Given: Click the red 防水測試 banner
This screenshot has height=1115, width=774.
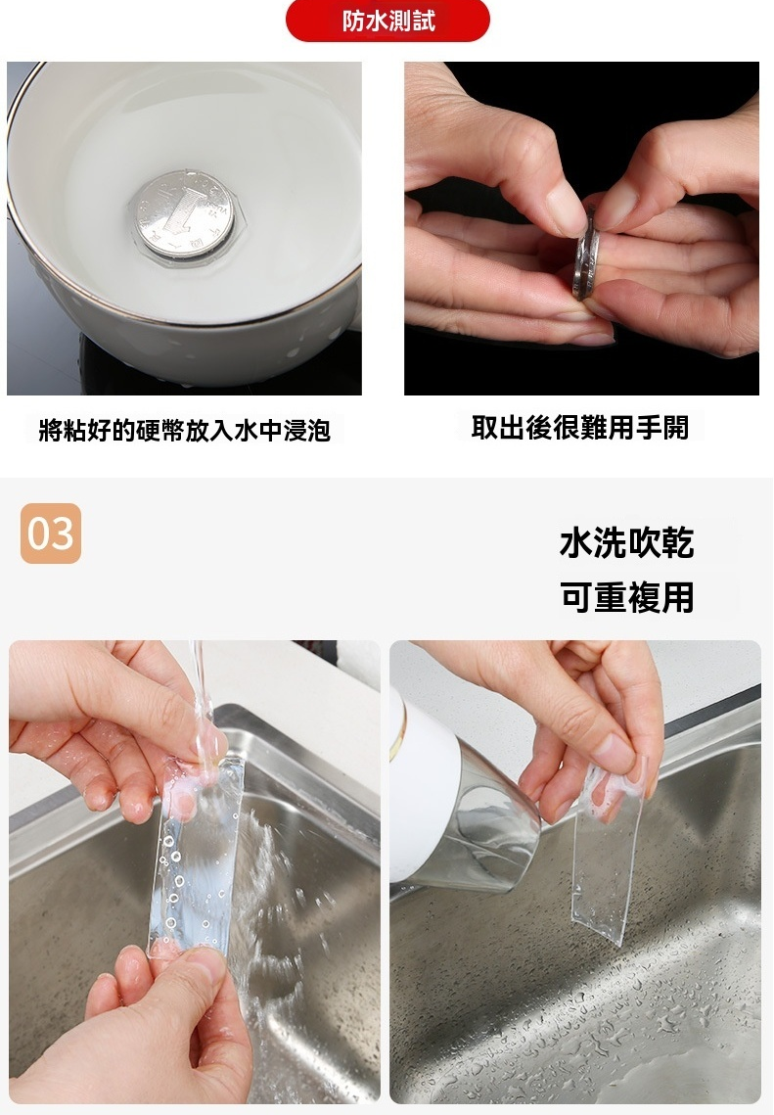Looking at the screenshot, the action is click(387, 21).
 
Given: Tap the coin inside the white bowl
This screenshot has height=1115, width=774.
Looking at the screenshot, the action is click(184, 213).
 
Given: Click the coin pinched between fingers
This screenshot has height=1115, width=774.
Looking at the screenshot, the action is click(586, 254).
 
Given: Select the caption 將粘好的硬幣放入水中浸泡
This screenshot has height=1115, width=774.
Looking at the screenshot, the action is click(185, 430).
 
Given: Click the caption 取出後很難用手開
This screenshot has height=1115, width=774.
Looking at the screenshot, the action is click(580, 428).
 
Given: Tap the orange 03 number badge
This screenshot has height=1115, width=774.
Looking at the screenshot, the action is click(51, 534).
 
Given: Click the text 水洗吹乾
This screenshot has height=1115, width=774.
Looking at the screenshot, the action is click(627, 543).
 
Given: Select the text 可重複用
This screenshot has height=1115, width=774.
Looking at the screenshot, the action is click(627, 596).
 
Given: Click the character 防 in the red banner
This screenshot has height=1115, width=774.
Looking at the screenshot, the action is click(353, 21).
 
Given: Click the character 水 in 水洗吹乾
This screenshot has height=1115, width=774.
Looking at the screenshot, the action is click(576, 543).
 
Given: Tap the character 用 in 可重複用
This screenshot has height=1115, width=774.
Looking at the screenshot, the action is click(678, 596).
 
